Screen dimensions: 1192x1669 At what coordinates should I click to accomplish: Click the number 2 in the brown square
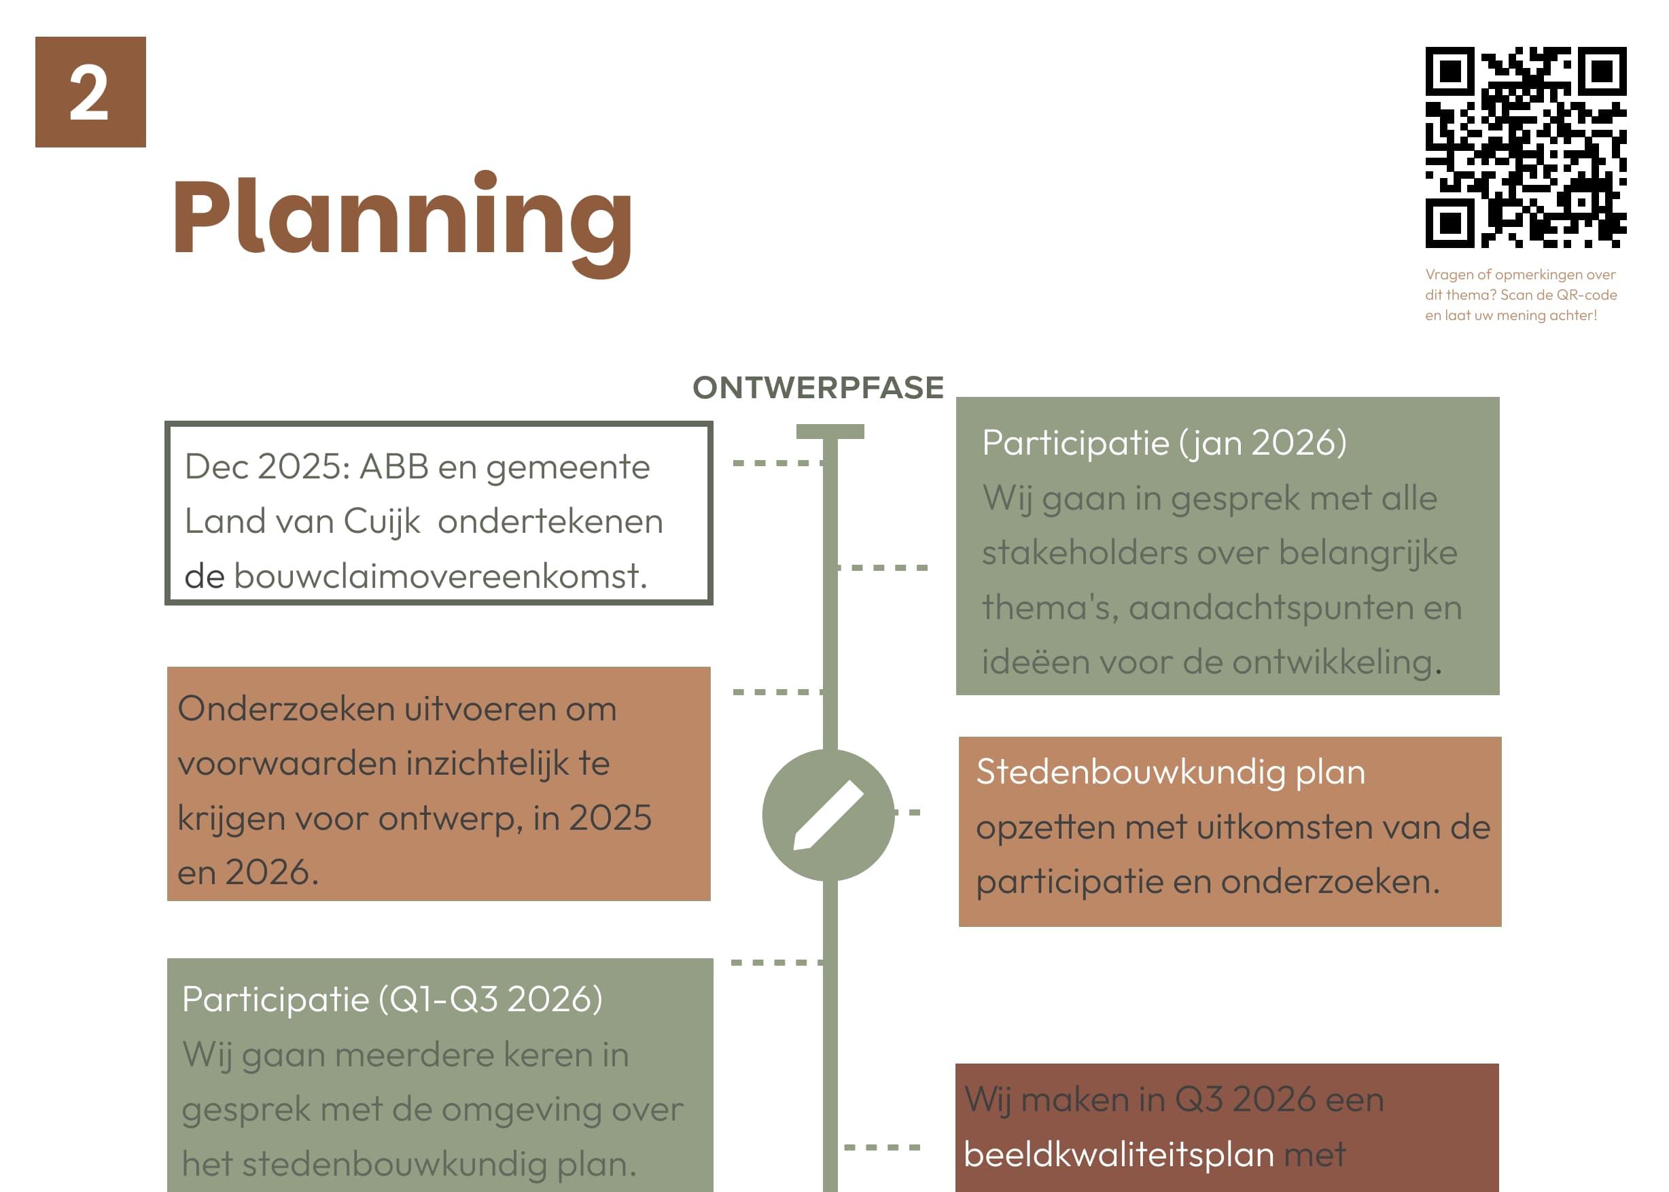pyautogui.click(x=90, y=92)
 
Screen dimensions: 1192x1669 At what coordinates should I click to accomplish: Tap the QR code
pyautogui.click(x=1525, y=147)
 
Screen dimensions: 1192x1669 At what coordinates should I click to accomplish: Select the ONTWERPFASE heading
pyautogui.click(x=818, y=387)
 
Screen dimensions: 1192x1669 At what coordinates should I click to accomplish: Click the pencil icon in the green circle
pyautogui.click(x=828, y=815)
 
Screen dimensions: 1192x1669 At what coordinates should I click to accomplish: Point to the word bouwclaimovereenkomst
pyautogui.click(x=440, y=576)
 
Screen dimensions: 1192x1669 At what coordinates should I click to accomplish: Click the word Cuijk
pyautogui.click(x=382, y=521)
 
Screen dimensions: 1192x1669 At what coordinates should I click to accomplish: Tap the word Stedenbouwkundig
pyautogui.click(x=1129, y=772)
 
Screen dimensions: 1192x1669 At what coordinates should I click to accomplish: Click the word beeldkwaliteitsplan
pyautogui.click(x=1119, y=1154)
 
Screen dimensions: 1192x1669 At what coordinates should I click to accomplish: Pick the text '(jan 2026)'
pyautogui.click(x=1263, y=442)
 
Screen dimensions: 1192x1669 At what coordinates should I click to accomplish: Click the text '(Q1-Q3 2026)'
pyautogui.click(x=490, y=1000)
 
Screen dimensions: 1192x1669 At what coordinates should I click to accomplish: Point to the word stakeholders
pyautogui.click(x=1083, y=553)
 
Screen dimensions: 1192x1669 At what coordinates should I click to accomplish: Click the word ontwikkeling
pyautogui.click(x=1331, y=663)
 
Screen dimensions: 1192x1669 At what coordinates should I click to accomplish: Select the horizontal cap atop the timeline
pyautogui.click(x=830, y=432)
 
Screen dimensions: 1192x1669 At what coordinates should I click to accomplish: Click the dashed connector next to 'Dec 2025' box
pyautogui.click(x=778, y=463)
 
